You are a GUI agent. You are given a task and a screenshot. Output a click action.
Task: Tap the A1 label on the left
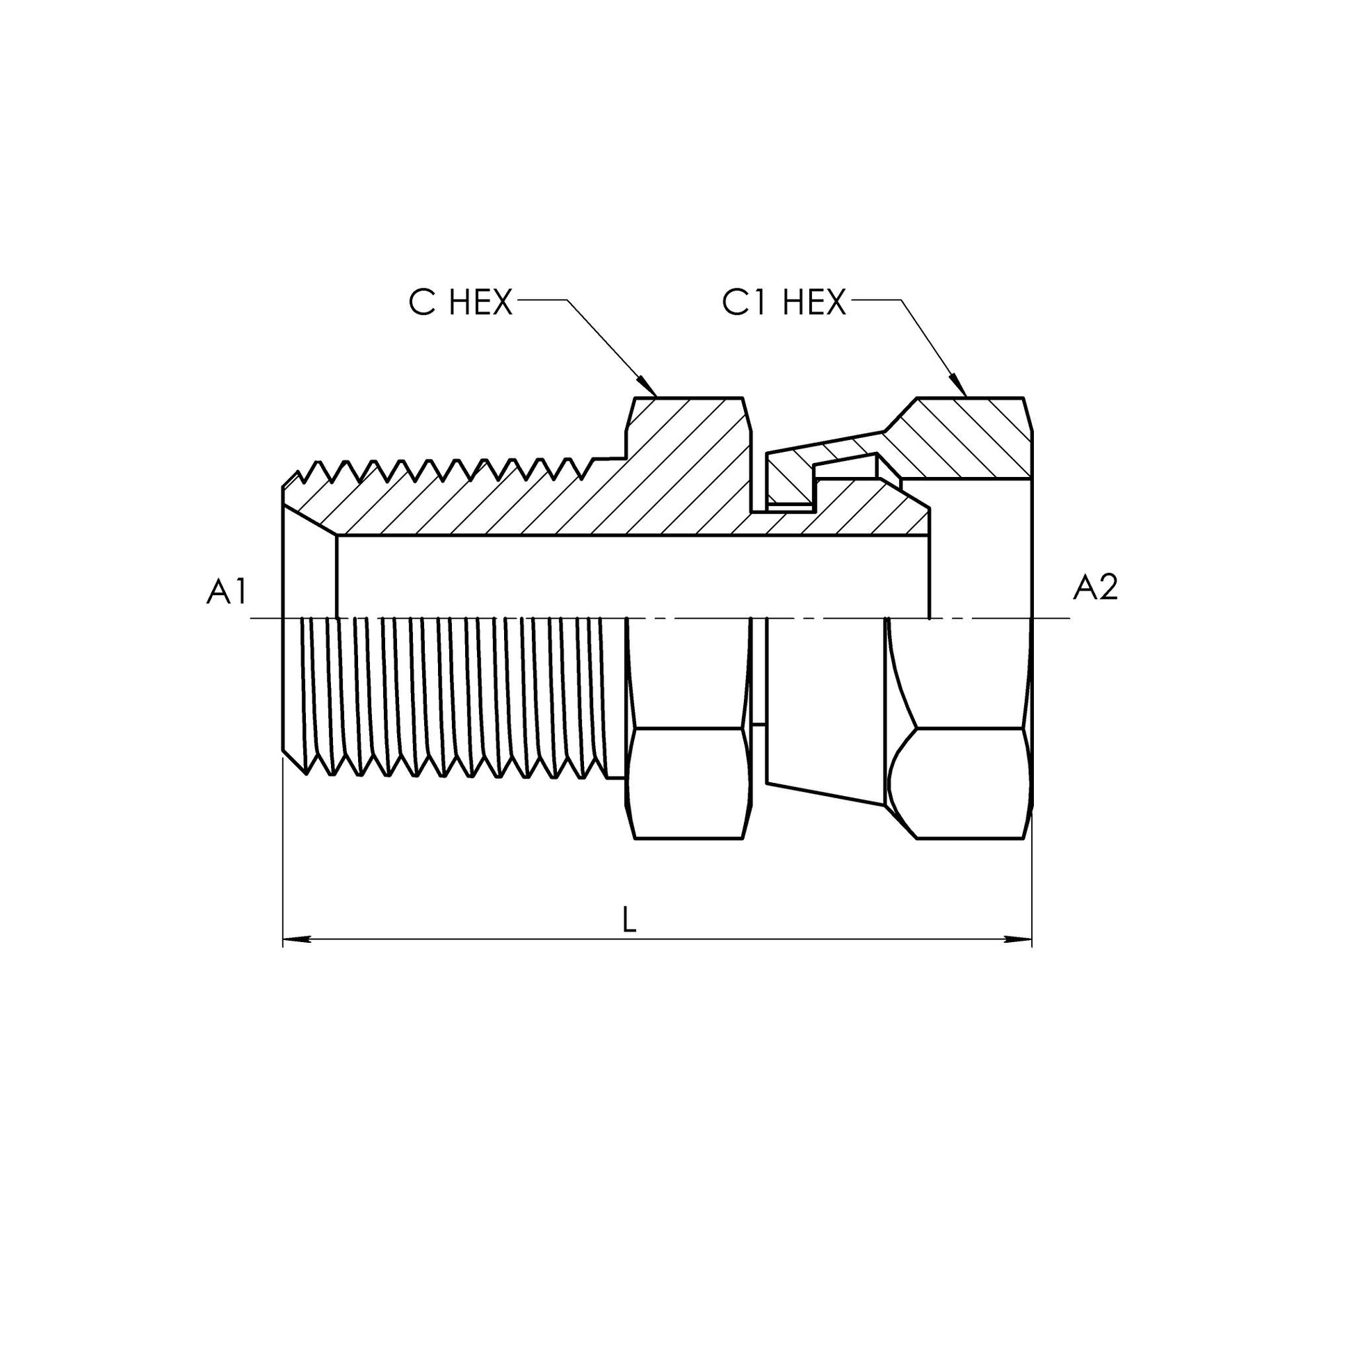(x=227, y=592)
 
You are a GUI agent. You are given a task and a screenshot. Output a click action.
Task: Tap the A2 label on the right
(x=1095, y=588)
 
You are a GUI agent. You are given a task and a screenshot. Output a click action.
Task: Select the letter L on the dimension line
(x=630, y=921)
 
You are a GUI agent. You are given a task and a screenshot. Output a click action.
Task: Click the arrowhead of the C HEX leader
(x=647, y=387)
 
